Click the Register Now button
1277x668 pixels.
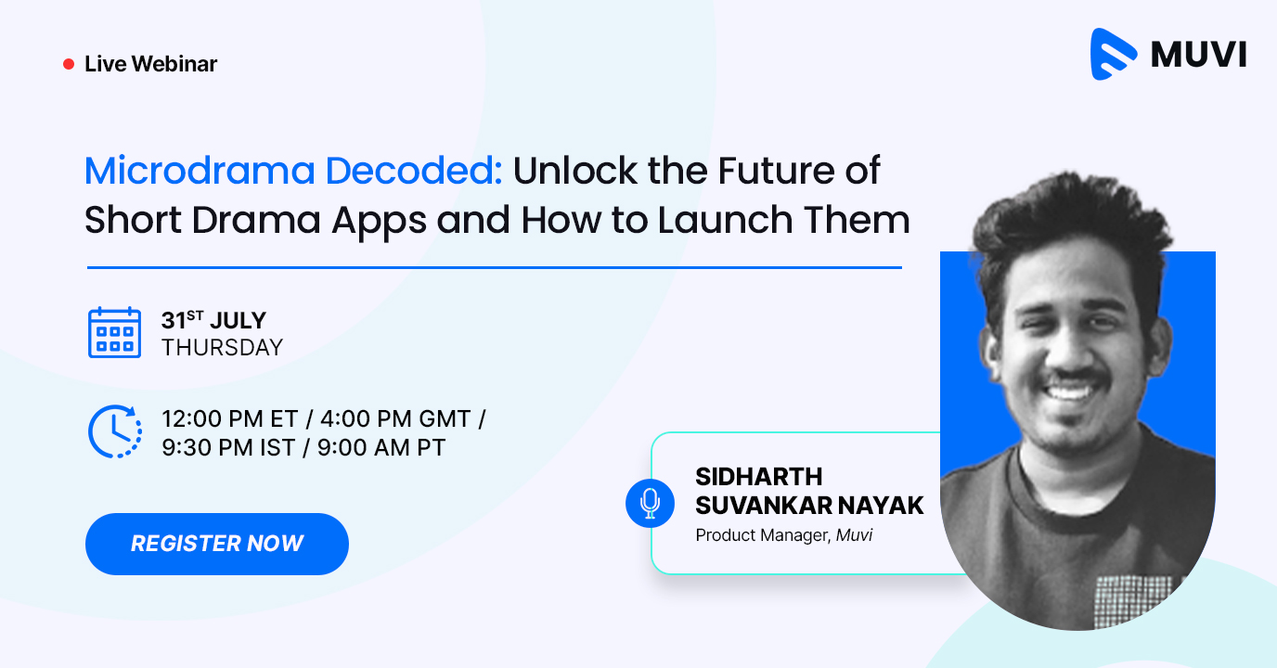pyautogui.click(x=216, y=544)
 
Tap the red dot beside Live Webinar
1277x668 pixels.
pyautogui.click(x=68, y=64)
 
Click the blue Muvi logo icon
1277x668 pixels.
pyautogui.click(x=1114, y=54)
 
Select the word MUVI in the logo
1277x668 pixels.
pyautogui.click(x=1198, y=55)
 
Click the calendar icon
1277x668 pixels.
pyautogui.click(x=114, y=332)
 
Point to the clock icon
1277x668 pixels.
pyautogui.click(x=114, y=431)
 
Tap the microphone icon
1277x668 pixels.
pyautogui.click(x=650, y=503)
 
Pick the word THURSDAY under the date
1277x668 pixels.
pyautogui.click(x=222, y=348)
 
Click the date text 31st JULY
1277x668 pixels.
pyautogui.click(x=213, y=321)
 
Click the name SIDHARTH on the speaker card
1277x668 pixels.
pyautogui.click(x=758, y=477)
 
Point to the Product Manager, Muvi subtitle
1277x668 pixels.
pyautogui.click(x=783, y=535)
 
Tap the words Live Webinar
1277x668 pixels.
pyautogui.click(x=150, y=64)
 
